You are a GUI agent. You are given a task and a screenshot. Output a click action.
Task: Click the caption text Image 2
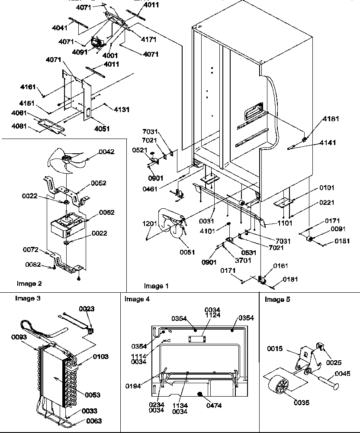(29, 284)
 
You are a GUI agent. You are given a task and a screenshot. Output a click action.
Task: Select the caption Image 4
(137, 299)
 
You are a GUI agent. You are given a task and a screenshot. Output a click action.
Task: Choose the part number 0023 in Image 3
(87, 309)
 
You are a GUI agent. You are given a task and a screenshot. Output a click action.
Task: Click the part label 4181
(331, 119)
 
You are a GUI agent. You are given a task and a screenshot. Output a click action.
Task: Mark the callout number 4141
(328, 142)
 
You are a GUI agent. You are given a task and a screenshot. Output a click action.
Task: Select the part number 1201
(150, 224)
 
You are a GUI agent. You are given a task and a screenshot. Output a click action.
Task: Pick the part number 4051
(102, 129)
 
